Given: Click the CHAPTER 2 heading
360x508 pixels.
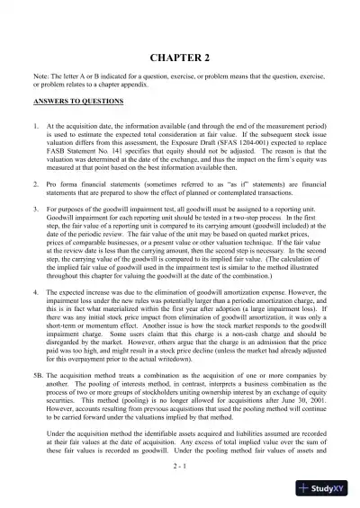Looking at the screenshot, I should (x=180, y=56).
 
